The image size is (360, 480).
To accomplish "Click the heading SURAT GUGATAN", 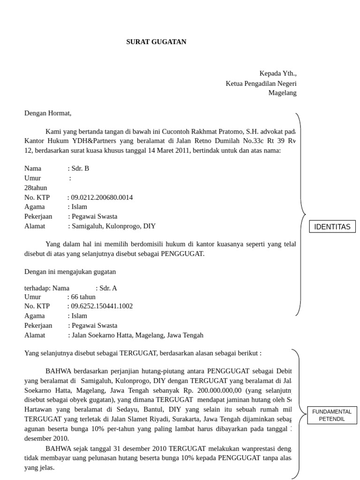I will click(x=156, y=42).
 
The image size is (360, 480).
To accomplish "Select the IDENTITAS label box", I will click(x=332, y=227).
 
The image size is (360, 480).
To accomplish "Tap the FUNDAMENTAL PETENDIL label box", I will click(x=332, y=415).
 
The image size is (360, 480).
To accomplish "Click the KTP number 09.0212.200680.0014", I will click(x=102, y=197).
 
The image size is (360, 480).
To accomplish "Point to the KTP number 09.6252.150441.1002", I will click(x=102, y=306).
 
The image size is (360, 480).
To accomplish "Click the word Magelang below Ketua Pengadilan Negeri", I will click(x=282, y=93).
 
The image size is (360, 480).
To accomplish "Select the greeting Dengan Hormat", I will click(x=48, y=113).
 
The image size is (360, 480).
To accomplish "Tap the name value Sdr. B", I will click(x=80, y=168).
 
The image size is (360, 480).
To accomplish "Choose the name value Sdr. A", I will click(x=108, y=288).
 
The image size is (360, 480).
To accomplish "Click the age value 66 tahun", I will click(x=83, y=297).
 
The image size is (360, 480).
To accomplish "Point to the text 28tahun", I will click(x=36, y=187).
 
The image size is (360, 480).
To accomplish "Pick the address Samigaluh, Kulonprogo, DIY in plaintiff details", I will click(x=113, y=226).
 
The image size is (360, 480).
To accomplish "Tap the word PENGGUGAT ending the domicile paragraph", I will click(x=182, y=254).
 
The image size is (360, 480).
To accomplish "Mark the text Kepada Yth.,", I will click(x=278, y=74).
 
